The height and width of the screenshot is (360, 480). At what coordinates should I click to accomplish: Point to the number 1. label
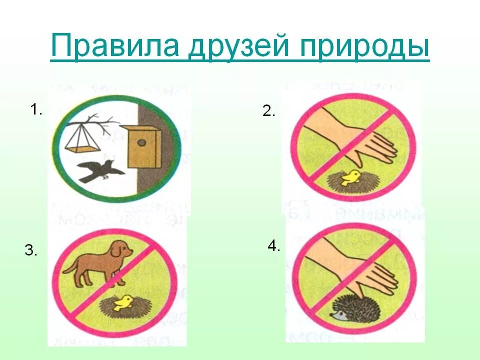click(x=36, y=110)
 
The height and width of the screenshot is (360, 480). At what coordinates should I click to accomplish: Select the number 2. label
click(x=269, y=111)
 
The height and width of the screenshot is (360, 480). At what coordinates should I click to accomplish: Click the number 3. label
click(x=31, y=251)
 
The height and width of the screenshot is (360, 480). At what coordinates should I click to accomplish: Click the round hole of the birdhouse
click(x=143, y=143)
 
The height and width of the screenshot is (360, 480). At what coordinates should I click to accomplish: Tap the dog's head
click(x=120, y=249)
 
